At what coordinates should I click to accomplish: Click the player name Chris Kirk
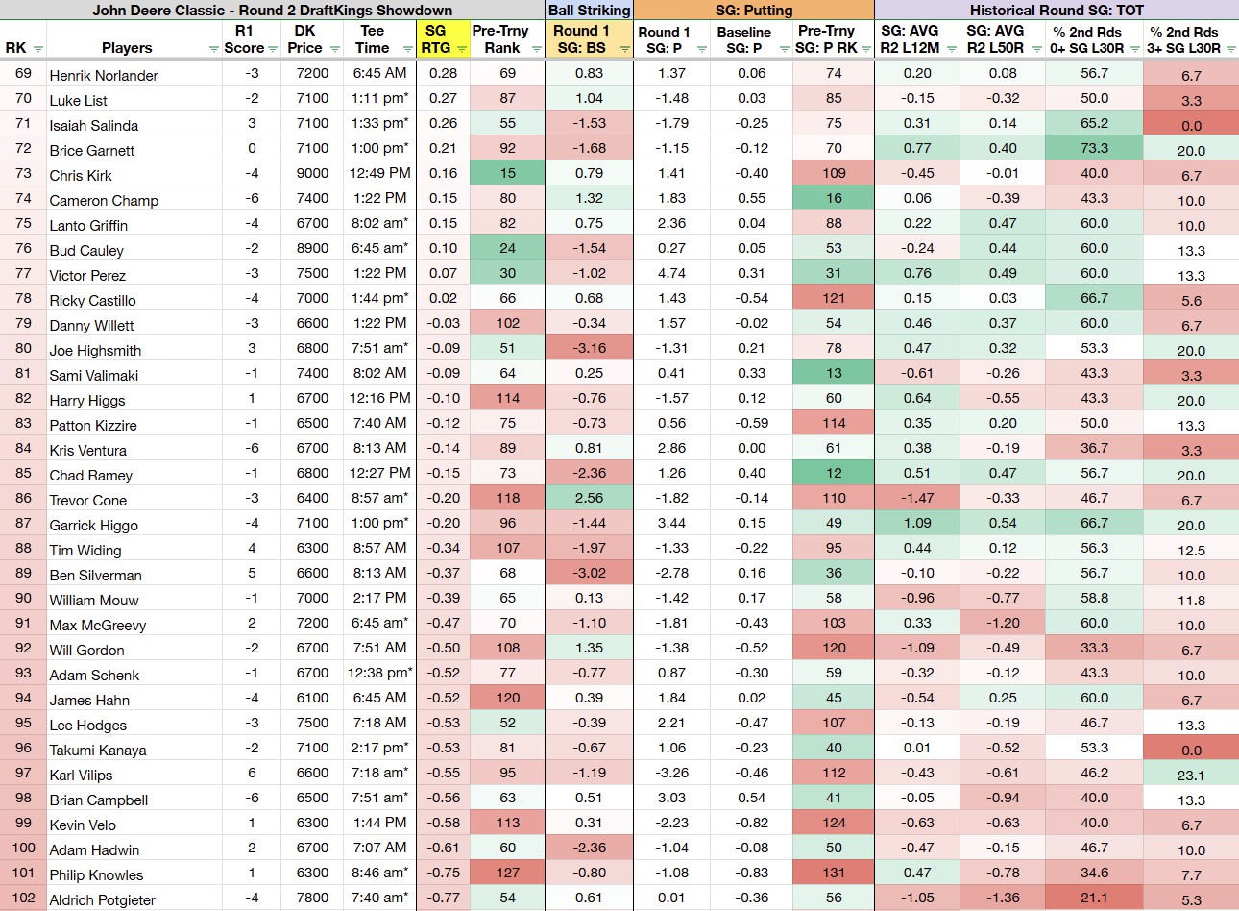pyautogui.click(x=81, y=176)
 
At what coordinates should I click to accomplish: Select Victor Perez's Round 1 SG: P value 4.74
pyautogui.click(x=671, y=273)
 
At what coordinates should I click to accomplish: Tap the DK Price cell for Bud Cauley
pyautogui.click(x=312, y=248)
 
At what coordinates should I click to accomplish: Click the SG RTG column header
pyautogui.click(x=435, y=39)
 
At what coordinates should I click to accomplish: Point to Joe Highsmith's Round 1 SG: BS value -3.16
pyautogui.click(x=589, y=348)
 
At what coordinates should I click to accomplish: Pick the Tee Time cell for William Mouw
pyautogui.click(x=379, y=598)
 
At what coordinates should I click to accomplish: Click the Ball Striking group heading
pyautogui.click(x=589, y=10)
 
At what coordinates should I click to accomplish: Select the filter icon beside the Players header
pyautogui.click(x=213, y=49)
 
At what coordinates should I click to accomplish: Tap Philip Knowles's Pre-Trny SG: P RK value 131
pyautogui.click(x=834, y=873)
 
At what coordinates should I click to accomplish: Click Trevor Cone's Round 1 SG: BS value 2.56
pyautogui.click(x=589, y=498)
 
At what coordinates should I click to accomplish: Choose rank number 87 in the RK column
pyautogui.click(x=23, y=523)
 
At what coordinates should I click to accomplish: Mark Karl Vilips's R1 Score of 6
pyautogui.click(x=252, y=773)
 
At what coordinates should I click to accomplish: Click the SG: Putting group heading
pyautogui.click(x=754, y=10)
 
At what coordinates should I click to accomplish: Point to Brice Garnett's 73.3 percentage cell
pyautogui.click(x=1094, y=148)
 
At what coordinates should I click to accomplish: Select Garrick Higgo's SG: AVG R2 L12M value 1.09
pyautogui.click(x=917, y=523)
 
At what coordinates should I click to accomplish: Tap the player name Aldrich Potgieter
pyautogui.click(x=103, y=899)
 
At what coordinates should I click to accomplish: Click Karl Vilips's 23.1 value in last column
pyautogui.click(x=1190, y=776)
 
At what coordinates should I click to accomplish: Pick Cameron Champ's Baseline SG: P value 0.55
pyautogui.click(x=751, y=198)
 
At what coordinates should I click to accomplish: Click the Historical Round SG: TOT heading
pyautogui.click(x=1057, y=10)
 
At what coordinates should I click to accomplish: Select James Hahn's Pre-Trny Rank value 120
pyautogui.click(x=507, y=698)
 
